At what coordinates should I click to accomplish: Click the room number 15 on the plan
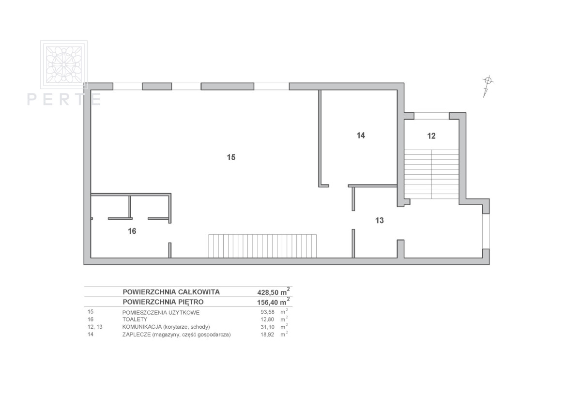[231, 157]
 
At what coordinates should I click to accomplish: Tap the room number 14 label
[361, 136]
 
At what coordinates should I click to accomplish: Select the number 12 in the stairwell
[431, 136]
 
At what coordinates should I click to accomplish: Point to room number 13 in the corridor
[380, 220]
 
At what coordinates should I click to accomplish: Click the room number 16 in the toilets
[132, 231]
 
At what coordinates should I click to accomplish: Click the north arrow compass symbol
[488, 86]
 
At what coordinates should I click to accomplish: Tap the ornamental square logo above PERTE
[64, 64]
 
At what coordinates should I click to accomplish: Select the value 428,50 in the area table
[268, 292]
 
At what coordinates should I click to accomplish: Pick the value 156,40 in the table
[268, 303]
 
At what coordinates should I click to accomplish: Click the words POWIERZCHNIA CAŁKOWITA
[171, 292]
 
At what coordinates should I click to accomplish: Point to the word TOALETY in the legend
[135, 320]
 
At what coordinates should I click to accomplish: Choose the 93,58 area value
[267, 312]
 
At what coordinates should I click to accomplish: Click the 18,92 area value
[267, 335]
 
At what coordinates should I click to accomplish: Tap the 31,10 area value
[267, 327]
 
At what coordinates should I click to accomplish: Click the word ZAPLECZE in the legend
[137, 335]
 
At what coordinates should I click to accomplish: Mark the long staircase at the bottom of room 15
[262, 246]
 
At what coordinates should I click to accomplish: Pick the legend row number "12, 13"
[95, 327]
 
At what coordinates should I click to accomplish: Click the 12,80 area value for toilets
[267, 320]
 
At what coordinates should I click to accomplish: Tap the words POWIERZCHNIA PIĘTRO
[163, 302]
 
